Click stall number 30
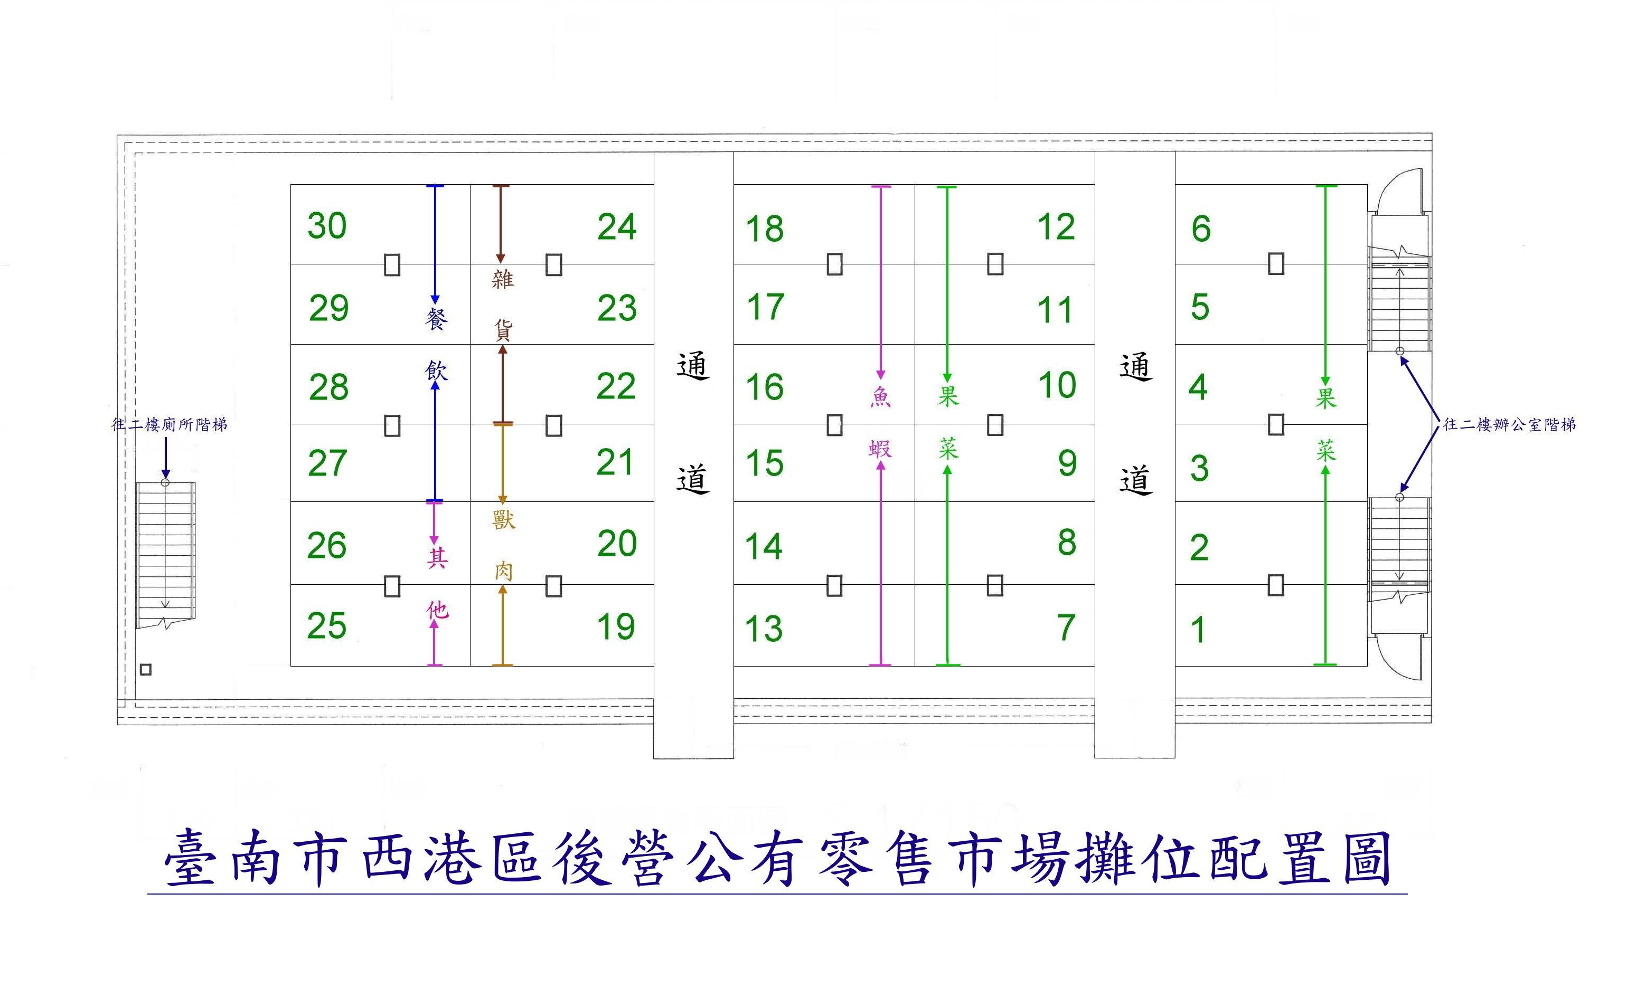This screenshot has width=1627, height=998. (327, 226)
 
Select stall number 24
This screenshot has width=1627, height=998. (617, 227)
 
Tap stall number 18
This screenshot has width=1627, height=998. (765, 229)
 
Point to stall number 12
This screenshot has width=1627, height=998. (1056, 227)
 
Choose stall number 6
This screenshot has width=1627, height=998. (1200, 229)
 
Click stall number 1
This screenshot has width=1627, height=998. (1198, 630)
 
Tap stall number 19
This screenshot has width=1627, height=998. (615, 626)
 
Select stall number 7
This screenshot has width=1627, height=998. (1066, 627)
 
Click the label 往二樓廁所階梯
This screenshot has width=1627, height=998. (169, 424)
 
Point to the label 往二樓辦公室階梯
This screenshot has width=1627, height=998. (1509, 424)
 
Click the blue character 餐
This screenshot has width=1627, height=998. (436, 319)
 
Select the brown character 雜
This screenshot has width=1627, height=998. (503, 279)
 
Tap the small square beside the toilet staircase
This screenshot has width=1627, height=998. (146, 669)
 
